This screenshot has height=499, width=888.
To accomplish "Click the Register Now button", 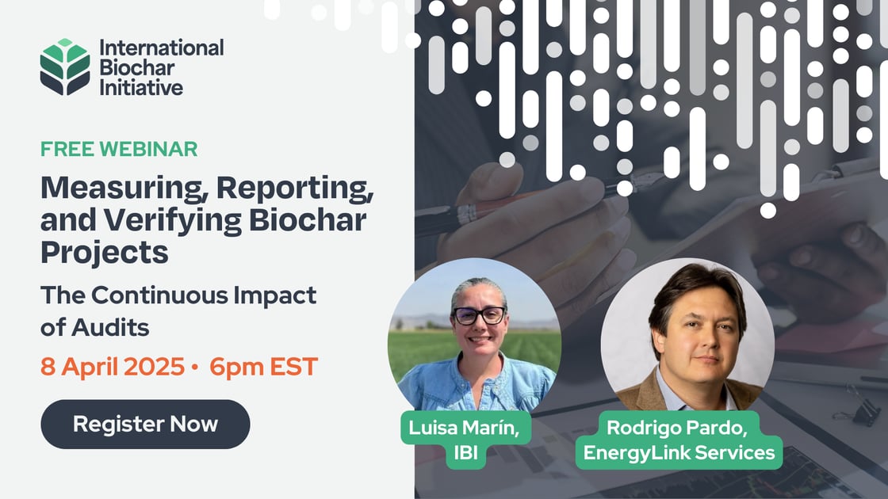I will tap(145, 424).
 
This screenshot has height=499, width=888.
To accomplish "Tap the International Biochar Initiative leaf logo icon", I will tap(65, 67).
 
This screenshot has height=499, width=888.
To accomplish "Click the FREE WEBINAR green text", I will tap(119, 148).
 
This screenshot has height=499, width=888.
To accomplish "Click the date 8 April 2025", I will tap(110, 367).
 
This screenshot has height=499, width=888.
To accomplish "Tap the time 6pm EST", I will tap(264, 367).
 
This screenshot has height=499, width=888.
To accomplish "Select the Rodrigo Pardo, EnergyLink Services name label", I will tap(679, 440).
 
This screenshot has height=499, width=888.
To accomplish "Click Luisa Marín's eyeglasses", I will tap(479, 314).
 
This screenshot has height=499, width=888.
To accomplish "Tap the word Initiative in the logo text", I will tap(140, 87).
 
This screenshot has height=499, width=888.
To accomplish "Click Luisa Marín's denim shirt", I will tap(476, 388).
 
